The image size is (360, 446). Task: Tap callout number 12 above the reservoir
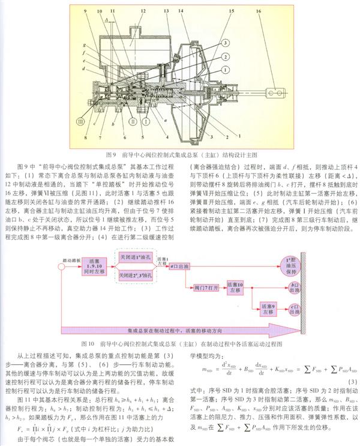tap(143, 11)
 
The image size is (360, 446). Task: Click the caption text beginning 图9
tap(179, 152)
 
